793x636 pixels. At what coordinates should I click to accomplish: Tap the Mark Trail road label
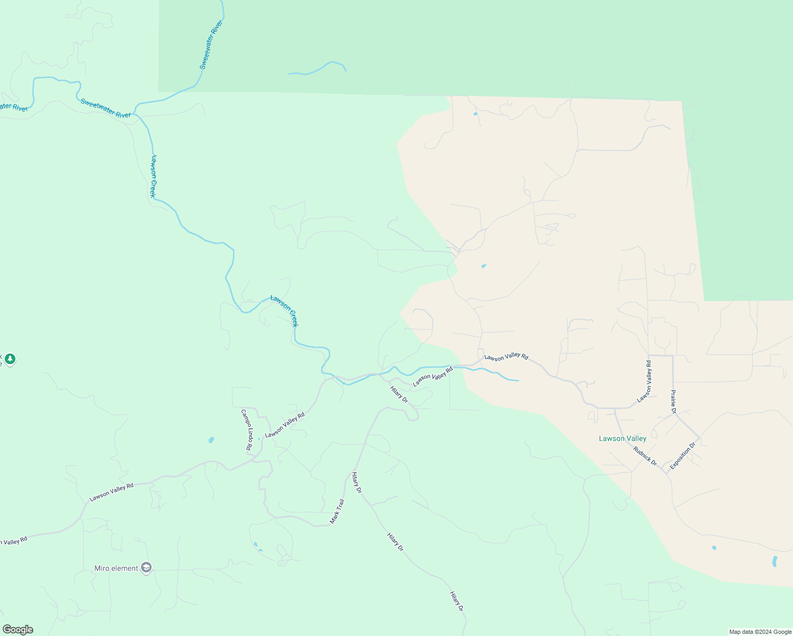(x=337, y=511)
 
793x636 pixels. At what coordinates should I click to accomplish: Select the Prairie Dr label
(x=673, y=402)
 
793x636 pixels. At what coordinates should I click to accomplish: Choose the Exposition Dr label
(x=682, y=456)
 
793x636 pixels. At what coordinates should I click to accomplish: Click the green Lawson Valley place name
(x=622, y=438)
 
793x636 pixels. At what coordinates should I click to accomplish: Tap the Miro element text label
(x=116, y=568)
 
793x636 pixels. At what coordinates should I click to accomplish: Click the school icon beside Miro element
(x=146, y=568)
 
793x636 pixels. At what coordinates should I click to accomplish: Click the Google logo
(x=17, y=630)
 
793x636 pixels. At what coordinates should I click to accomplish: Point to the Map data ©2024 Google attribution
(x=760, y=632)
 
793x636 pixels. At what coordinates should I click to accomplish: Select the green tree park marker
(x=10, y=359)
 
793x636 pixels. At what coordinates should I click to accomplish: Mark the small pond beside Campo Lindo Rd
(x=211, y=440)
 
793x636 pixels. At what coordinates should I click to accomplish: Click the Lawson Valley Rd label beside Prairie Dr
(x=644, y=382)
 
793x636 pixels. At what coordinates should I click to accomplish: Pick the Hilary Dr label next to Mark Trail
(x=356, y=483)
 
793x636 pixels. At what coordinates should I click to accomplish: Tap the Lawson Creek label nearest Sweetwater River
(x=153, y=176)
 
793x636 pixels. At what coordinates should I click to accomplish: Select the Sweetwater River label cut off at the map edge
(x=13, y=107)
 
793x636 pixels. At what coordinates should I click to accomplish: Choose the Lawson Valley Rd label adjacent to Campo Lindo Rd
(x=285, y=425)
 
